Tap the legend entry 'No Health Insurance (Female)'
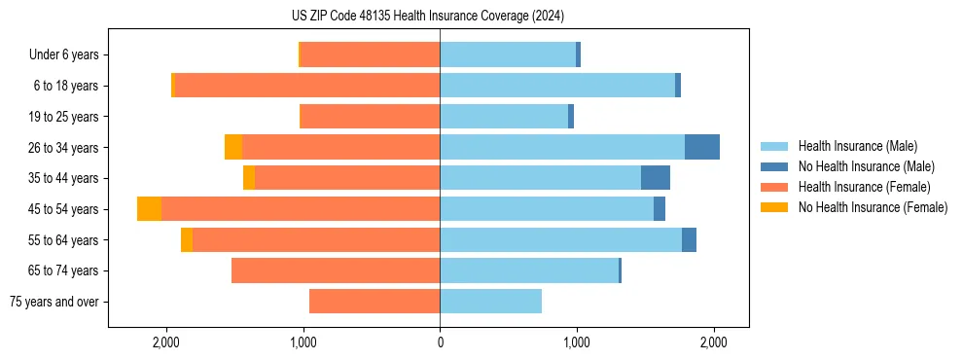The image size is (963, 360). click(x=873, y=207)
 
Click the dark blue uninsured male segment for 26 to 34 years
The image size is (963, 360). click(x=702, y=147)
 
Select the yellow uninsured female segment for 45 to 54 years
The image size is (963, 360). click(x=149, y=209)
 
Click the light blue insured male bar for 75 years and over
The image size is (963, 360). click(x=490, y=302)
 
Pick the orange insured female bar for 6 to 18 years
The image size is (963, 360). click(x=306, y=86)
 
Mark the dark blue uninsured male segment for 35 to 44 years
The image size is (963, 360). click(x=656, y=178)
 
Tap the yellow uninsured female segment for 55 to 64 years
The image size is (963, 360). click(x=187, y=240)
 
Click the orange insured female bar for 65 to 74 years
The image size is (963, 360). click(x=336, y=270)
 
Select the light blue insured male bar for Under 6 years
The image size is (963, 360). click(x=508, y=55)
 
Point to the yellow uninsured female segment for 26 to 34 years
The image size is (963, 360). click(x=233, y=147)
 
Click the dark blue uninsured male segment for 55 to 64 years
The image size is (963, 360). click(x=689, y=240)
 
